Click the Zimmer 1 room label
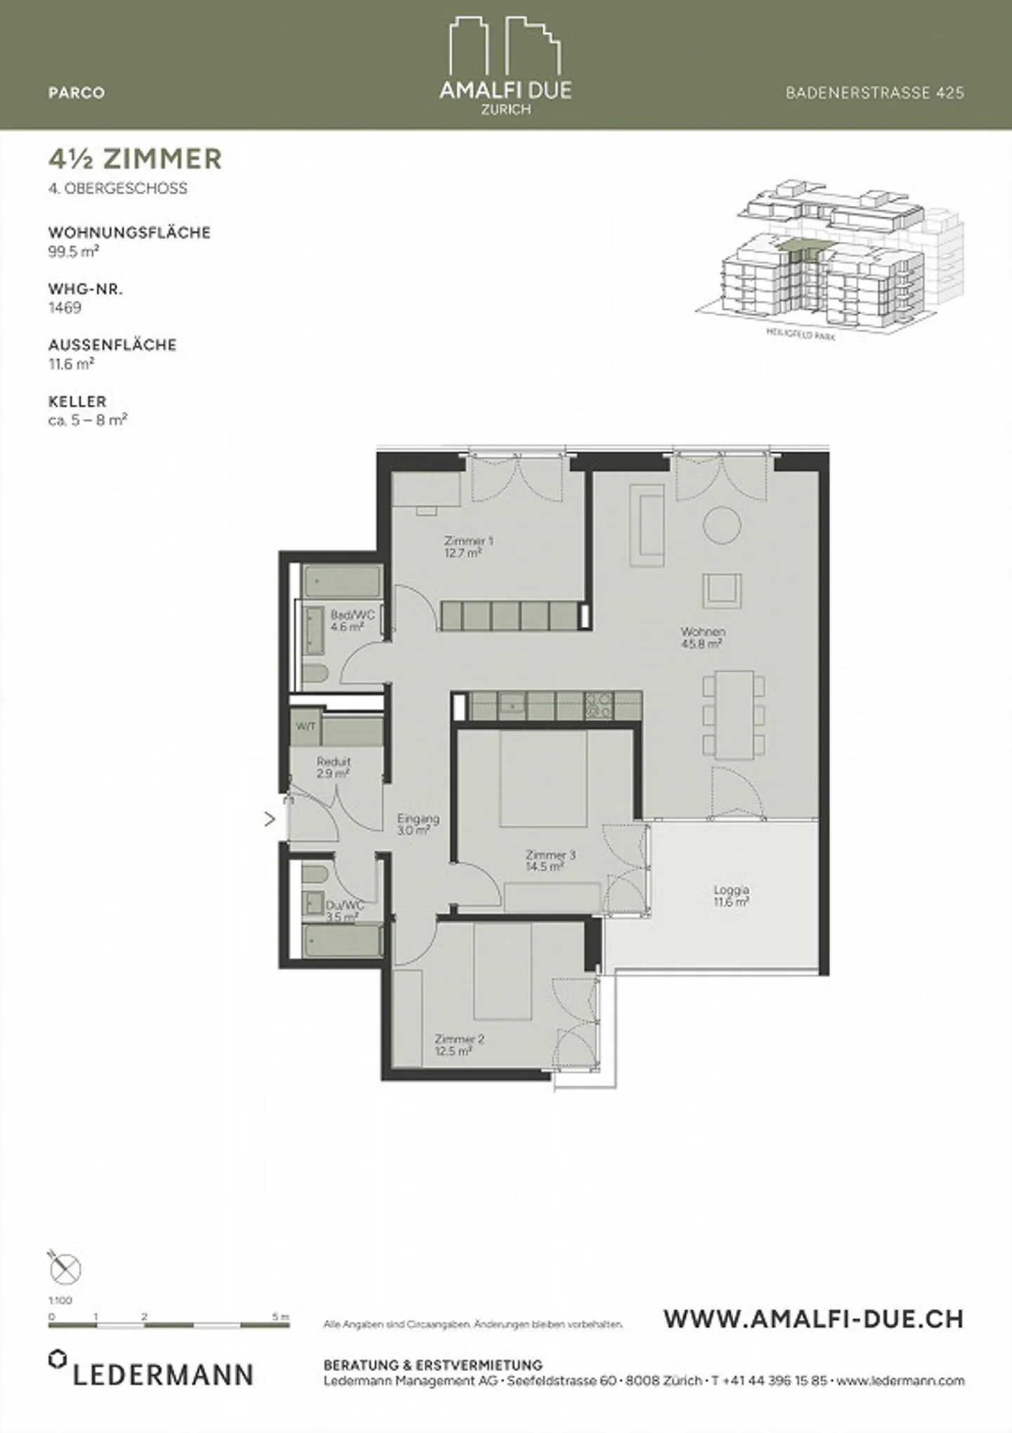click(468, 547)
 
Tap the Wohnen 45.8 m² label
click(702, 637)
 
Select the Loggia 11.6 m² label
click(731, 895)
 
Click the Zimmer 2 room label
click(459, 1044)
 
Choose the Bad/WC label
click(352, 621)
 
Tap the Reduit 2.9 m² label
click(333, 767)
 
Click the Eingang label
click(417, 824)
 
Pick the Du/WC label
click(345, 911)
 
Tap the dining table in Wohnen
click(734, 715)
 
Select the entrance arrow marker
click(269, 819)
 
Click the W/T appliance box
click(306, 726)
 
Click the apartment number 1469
click(65, 308)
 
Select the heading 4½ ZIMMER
click(135, 159)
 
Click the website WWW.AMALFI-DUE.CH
click(813, 1319)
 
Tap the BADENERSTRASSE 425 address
click(874, 93)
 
